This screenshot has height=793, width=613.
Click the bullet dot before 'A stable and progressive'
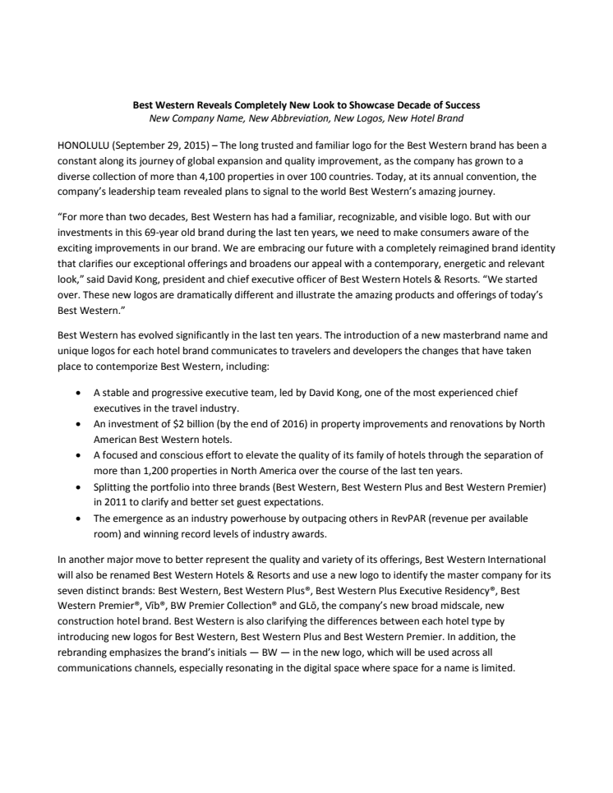77,394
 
